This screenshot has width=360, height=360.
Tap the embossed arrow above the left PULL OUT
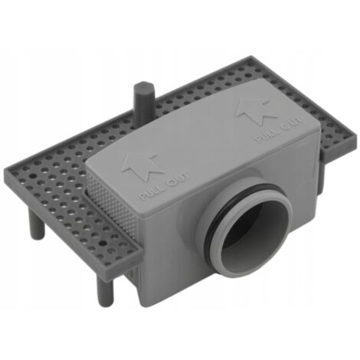click(x=142, y=166)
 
